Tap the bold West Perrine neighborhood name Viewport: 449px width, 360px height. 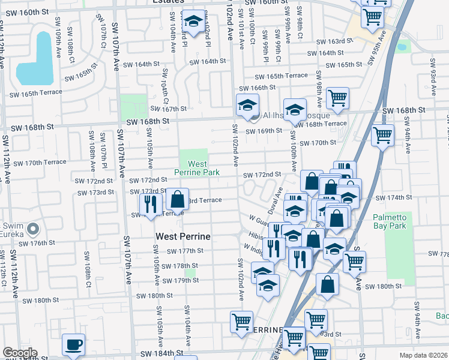pyautogui.click(x=183, y=236)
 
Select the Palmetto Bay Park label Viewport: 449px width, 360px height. pyautogui.click(x=389, y=221)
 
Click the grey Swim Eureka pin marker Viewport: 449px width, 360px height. pyautogui.click(x=34, y=229)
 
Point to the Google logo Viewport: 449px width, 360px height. pyautogui.click(x=19, y=353)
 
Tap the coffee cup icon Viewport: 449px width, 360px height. pyautogui.click(x=74, y=344)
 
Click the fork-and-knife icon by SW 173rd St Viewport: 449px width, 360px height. pyautogui.click(x=151, y=204)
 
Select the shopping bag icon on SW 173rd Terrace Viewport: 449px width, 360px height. pyautogui.click(x=177, y=199)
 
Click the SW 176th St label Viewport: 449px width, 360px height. pyautogui.click(x=37, y=243)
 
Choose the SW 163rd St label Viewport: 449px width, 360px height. pyautogui.click(x=335, y=41)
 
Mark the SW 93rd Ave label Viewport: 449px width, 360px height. pyautogui.click(x=432, y=75)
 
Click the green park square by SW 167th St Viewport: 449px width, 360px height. pyautogui.click(x=133, y=106)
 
